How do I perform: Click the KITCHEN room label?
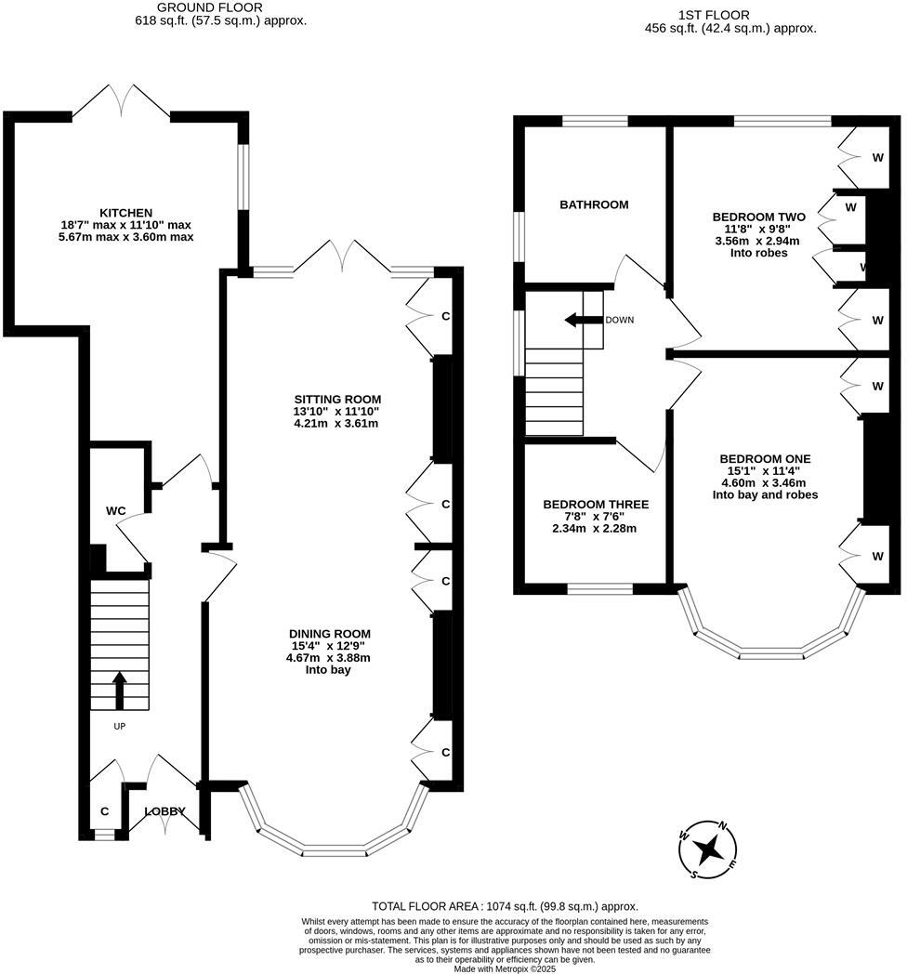tap(126, 213)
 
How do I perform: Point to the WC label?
tap(115, 511)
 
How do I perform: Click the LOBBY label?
tap(164, 811)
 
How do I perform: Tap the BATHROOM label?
tap(593, 204)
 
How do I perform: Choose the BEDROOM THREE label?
tap(596, 505)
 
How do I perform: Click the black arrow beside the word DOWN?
tap(582, 320)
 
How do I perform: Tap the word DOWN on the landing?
tap(619, 320)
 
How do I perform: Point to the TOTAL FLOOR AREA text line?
tap(505, 906)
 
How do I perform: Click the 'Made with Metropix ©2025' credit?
tap(505, 968)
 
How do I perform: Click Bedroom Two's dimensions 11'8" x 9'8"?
tap(757, 229)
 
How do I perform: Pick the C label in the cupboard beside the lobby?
tap(105, 811)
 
